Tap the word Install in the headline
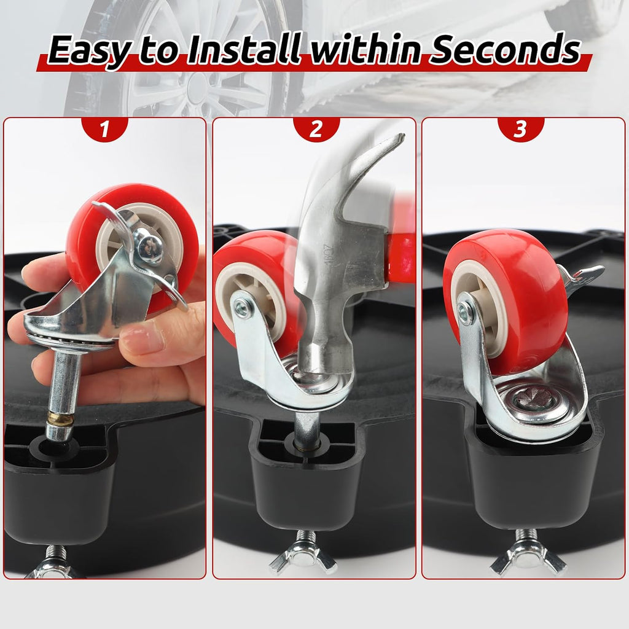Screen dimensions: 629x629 pos(244,49)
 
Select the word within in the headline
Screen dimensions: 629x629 pos(365,49)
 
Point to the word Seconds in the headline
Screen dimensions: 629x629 pos(505,49)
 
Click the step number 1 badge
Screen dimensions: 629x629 pos(104,129)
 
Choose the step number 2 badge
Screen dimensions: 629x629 pos(316,129)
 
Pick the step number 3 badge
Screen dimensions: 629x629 pos(520,129)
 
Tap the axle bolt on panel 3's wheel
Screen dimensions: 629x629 pos(466,310)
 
